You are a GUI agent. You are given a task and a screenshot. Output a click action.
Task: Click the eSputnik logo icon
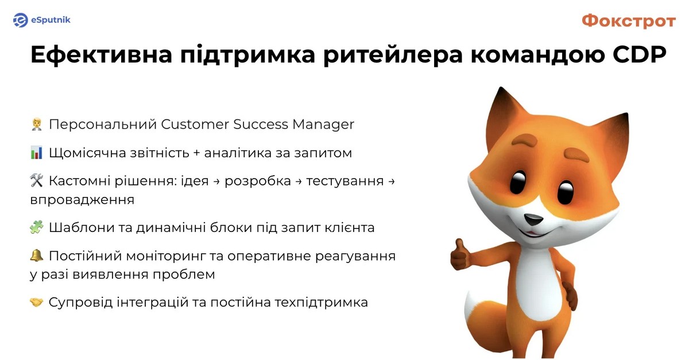[x=21, y=20]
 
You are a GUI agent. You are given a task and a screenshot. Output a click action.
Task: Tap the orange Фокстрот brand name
[x=629, y=21]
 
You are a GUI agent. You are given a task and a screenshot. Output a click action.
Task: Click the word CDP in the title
[x=640, y=55]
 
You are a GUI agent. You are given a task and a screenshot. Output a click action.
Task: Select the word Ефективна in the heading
[x=101, y=55]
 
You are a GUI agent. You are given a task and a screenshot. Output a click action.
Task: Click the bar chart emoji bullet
[x=37, y=153]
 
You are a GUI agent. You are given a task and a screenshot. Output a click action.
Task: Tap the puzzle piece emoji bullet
[x=37, y=227]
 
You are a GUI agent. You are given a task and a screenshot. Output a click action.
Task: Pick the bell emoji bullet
[x=37, y=256]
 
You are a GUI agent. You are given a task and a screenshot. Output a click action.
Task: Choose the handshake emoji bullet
[x=37, y=302]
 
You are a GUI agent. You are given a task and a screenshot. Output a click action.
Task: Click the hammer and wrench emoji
[x=37, y=181]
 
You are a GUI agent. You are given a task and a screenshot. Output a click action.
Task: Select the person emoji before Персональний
[x=37, y=125]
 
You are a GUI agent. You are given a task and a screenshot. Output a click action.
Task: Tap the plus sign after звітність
[x=196, y=153]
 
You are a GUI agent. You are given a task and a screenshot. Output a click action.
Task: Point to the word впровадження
[x=82, y=200]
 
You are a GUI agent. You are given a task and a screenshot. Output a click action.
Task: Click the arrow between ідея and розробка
[x=216, y=181]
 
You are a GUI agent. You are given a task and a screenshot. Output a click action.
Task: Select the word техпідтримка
[x=321, y=303]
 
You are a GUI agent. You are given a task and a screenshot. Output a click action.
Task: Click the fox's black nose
[x=533, y=219]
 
